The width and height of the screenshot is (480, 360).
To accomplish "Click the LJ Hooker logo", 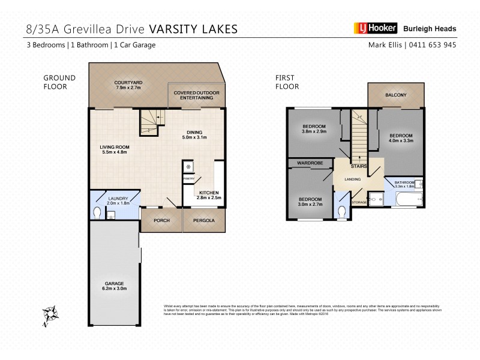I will (372, 28).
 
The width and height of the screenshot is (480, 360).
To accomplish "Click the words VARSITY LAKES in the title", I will (193, 28).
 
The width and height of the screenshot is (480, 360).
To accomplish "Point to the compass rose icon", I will (50, 315).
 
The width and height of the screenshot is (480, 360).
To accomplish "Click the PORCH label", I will (161, 220).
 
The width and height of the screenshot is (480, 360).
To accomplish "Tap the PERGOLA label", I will (205, 220).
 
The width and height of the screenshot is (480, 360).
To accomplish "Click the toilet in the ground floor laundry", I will (98, 212).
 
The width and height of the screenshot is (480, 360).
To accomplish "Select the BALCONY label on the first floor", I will (396, 95).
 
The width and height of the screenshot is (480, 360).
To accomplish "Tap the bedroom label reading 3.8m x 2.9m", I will (314, 128).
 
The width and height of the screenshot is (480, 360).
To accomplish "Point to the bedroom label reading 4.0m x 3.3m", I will (400, 138).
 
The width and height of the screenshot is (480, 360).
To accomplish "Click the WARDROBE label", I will (310, 163).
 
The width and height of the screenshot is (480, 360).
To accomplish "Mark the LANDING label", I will (352, 179).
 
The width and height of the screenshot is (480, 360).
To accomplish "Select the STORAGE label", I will (360, 202).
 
